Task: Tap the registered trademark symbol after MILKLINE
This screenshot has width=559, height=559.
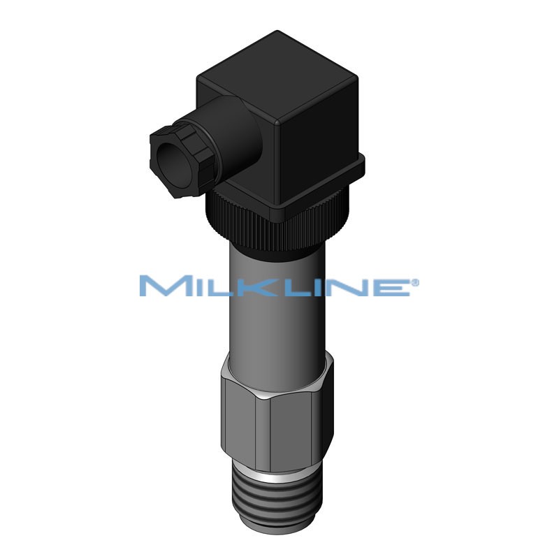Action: coord(415,282)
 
